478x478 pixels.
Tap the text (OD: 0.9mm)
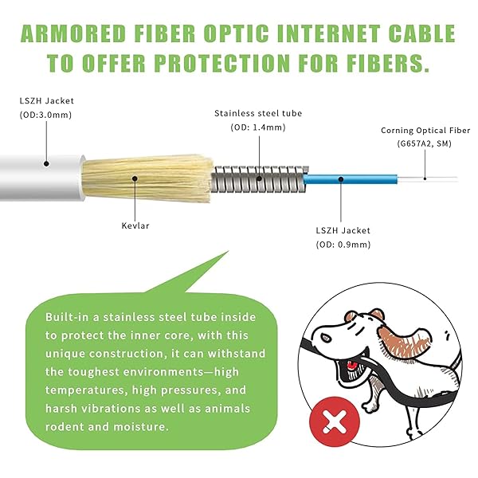pyautogui.click(x=343, y=244)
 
